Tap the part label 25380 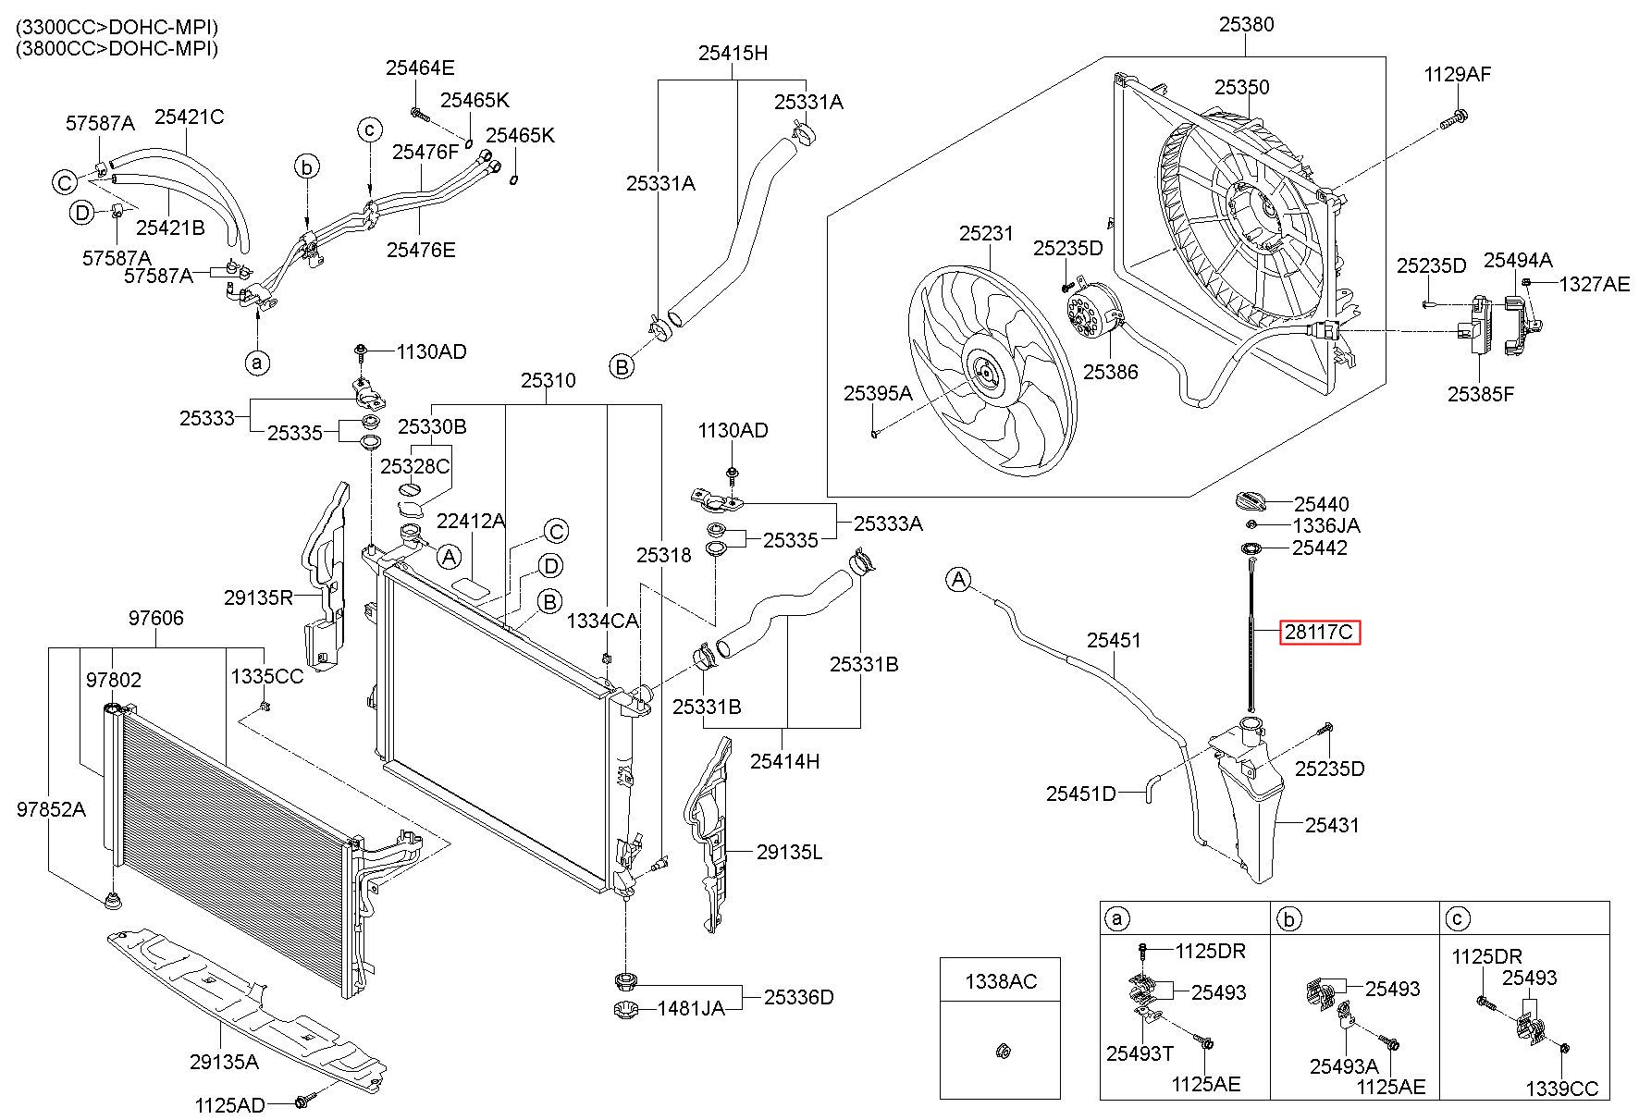pos(1246,25)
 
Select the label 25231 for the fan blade pos(986,234)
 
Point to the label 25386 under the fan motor pos(1110,372)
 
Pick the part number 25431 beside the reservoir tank pos(1333,824)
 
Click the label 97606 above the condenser pos(155,618)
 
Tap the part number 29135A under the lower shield pos(224,1062)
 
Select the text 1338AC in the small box pos(1002,980)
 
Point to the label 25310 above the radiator pos(548,380)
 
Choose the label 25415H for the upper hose pos(733,53)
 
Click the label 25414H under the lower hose pos(784,761)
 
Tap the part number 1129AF pos(1458,74)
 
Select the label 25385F pos(1481,394)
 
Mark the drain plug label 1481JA pos(691,1008)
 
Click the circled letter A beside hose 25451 pos(958,580)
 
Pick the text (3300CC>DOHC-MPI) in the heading pos(117,28)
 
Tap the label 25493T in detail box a pos(1140,1052)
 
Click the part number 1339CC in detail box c pos(1562,1089)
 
